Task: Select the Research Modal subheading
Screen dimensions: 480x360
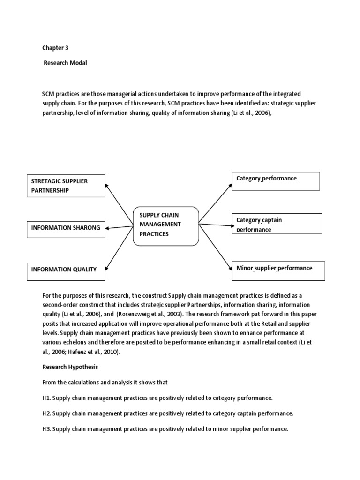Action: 65,63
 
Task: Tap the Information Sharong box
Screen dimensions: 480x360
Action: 66,228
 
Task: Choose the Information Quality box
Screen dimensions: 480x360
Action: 66,270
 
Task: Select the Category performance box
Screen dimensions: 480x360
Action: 276,181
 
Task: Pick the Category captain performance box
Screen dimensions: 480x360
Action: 277,224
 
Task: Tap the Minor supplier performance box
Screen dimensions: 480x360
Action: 278,271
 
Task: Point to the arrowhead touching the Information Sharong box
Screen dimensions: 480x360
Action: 108,228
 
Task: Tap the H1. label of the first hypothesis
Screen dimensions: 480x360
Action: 46,398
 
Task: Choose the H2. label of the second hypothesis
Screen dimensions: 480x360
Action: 46,413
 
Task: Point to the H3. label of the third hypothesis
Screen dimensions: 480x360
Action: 46,429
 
